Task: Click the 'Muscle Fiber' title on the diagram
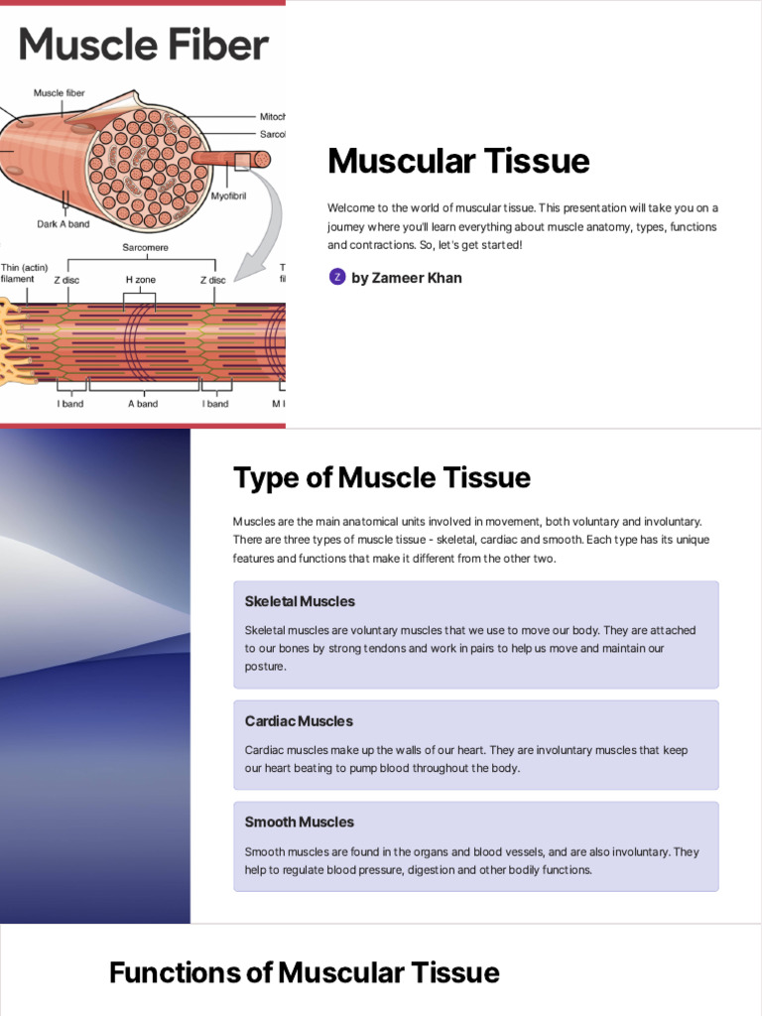(144, 45)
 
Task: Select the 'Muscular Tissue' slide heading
(458, 161)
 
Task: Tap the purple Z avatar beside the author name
(337, 277)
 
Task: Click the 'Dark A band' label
(63, 224)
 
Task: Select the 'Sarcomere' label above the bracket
(145, 246)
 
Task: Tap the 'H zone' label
(141, 280)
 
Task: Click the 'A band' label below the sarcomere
(143, 404)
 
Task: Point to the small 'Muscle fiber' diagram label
(60, 93)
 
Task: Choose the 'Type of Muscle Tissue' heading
(382, 478)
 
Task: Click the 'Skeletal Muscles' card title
(300, 601)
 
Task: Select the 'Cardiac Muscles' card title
(299, 721)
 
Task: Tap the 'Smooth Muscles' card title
(300, 823)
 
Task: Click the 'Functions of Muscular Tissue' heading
(305, 973)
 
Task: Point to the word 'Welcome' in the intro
(348, 207)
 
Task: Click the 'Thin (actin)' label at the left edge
(25, 267)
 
